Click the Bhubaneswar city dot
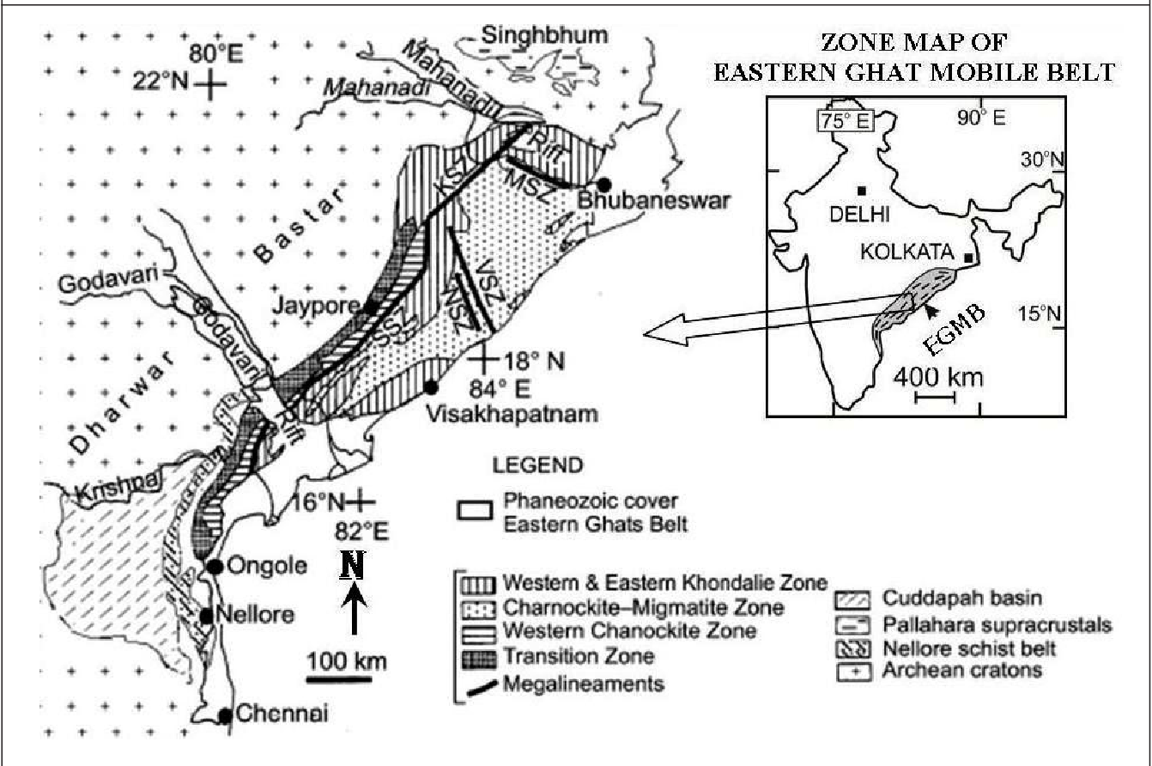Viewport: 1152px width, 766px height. click(604, 185)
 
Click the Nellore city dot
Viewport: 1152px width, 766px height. click(206, 616)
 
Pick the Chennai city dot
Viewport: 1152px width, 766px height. click(225, 715)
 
